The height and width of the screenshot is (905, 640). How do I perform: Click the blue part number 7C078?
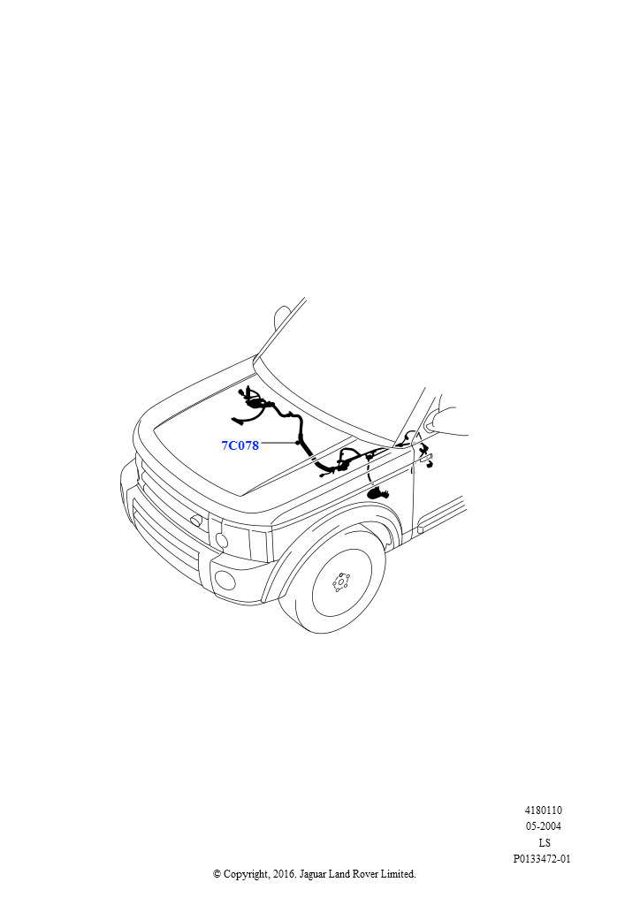coord(240,445)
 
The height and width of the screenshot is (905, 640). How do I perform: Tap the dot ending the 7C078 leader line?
coord(298,443)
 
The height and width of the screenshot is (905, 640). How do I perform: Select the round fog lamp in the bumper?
coord(225,580)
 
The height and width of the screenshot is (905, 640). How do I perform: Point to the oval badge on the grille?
coord(197,521)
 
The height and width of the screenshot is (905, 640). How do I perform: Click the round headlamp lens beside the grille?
coord(222,541)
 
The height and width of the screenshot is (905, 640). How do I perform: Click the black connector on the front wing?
coord(379,494)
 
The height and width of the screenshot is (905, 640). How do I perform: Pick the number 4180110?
coord(543,810)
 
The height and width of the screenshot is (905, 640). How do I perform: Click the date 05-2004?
coord(543,826)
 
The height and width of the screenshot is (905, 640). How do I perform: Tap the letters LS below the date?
coord(544,842)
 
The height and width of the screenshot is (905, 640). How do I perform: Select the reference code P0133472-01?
coord(542,859)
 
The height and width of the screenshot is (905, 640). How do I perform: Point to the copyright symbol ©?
coord(217,874)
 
